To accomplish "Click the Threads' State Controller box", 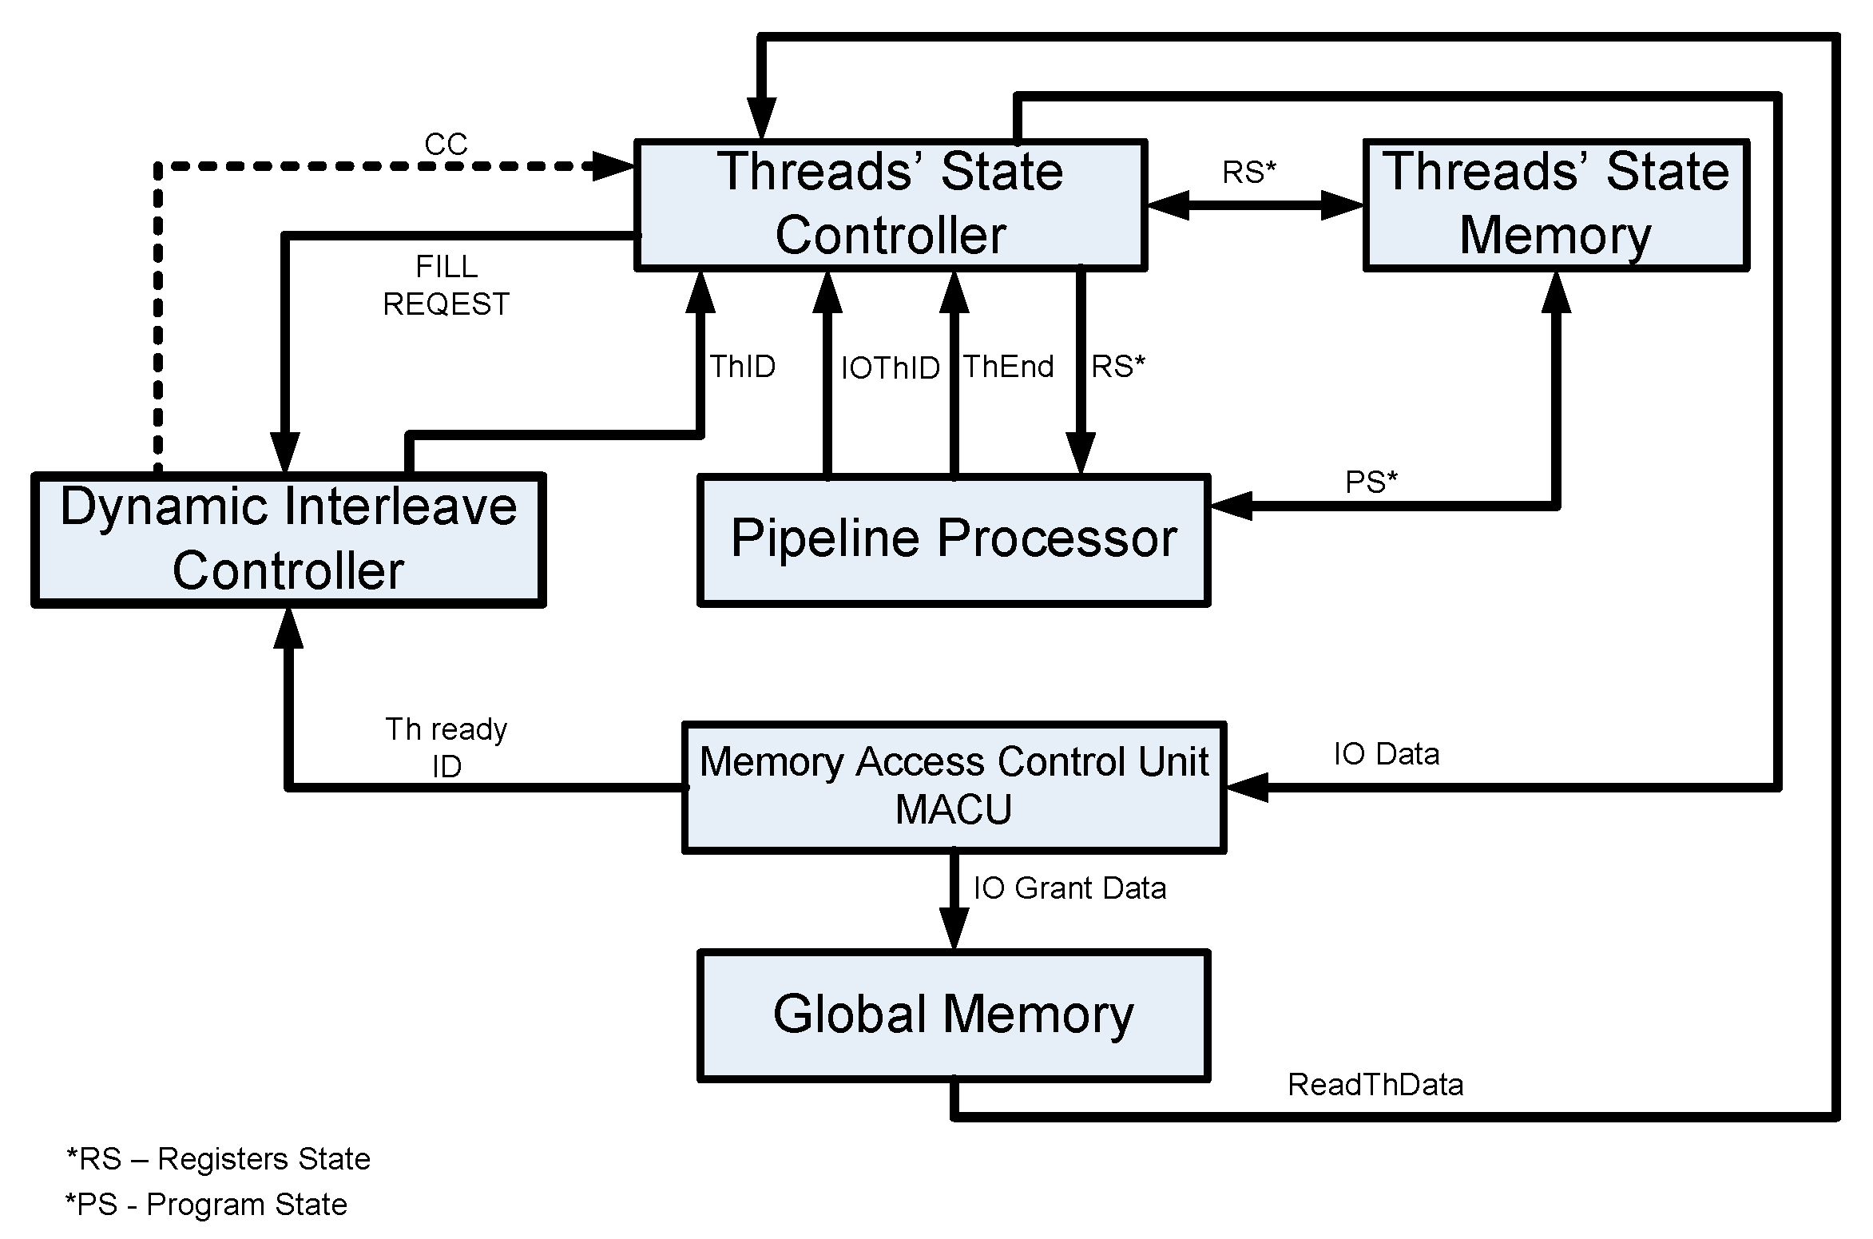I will (891, 205).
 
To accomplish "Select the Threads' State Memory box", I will (1556, 205).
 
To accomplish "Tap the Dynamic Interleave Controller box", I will (288, 540).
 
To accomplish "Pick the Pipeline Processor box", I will (954, 540).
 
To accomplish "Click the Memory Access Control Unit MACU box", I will (954, 786).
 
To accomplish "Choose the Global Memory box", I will (954, 1015).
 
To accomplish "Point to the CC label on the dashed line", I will (445, 145).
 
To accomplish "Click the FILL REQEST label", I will (446, 285).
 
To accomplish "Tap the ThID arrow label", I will (743, 367).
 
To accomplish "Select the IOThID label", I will (890, 368).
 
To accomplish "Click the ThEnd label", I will (1008, 367).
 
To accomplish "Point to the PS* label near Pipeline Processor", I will (1371, 482).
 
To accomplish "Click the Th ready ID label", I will (446, 748).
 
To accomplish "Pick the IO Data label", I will (1387, 754).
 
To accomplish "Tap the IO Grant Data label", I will (1069, 888).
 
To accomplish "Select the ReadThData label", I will (1375, 1085).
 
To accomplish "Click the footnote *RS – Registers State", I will (218, 1159).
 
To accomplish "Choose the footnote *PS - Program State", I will (206, 1205).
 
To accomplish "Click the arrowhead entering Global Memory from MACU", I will (954, 930).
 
